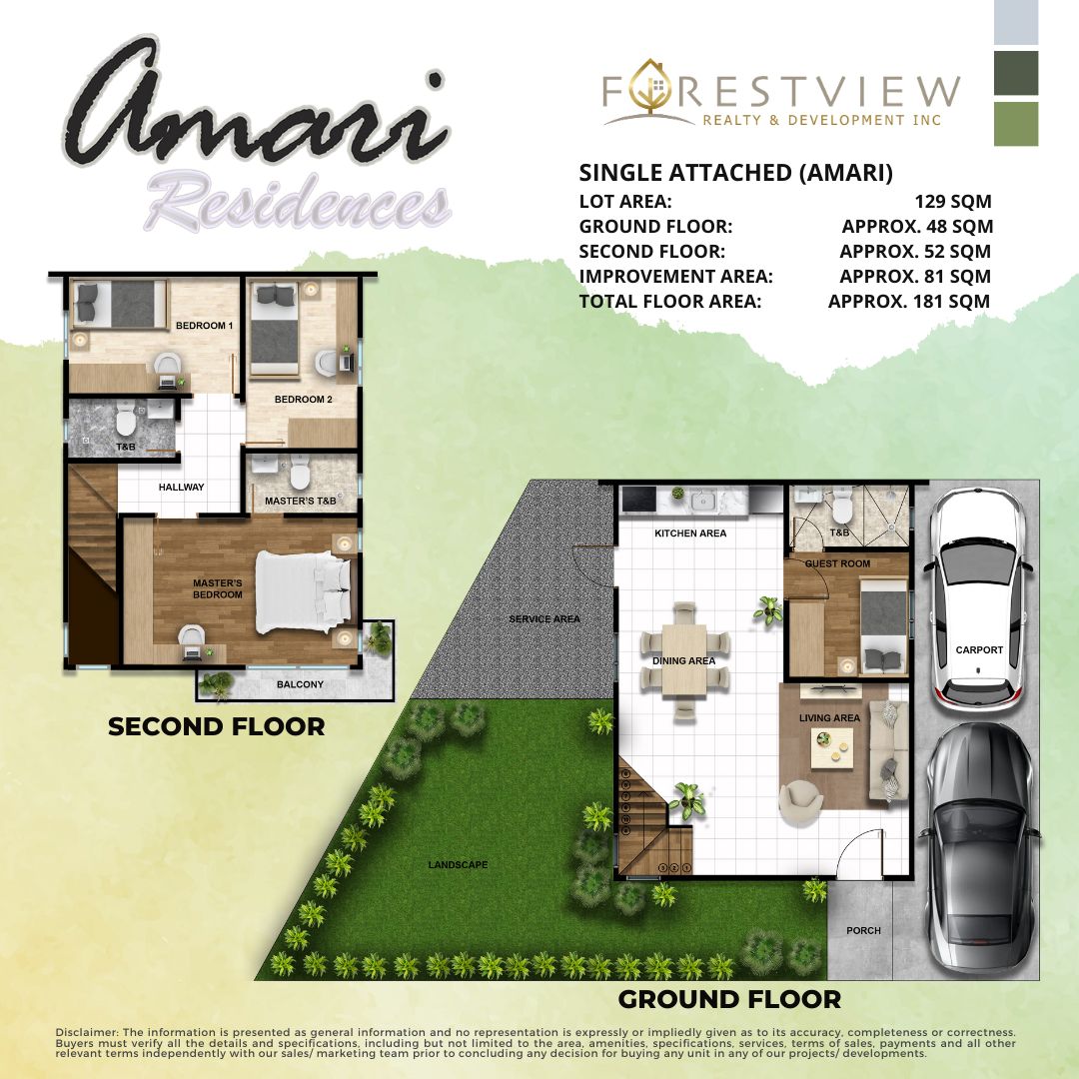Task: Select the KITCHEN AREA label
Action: point(690,534)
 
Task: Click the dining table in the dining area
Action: point(684,659)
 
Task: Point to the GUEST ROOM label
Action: point(837,563)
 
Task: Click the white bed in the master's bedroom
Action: point(303,591)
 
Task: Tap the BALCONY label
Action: point(300,684)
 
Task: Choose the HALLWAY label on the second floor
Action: point(181,488)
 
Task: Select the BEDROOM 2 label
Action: point(304,399)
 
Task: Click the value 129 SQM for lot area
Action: point(953,202)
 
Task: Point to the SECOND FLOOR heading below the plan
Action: point(216,726)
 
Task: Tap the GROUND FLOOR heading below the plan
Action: point(729,999)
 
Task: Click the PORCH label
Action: point(863,930)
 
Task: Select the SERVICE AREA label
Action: point(544,619)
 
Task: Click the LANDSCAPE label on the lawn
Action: point(458,865)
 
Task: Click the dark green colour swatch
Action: point(1016,73)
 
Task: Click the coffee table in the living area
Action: point(832,747)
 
